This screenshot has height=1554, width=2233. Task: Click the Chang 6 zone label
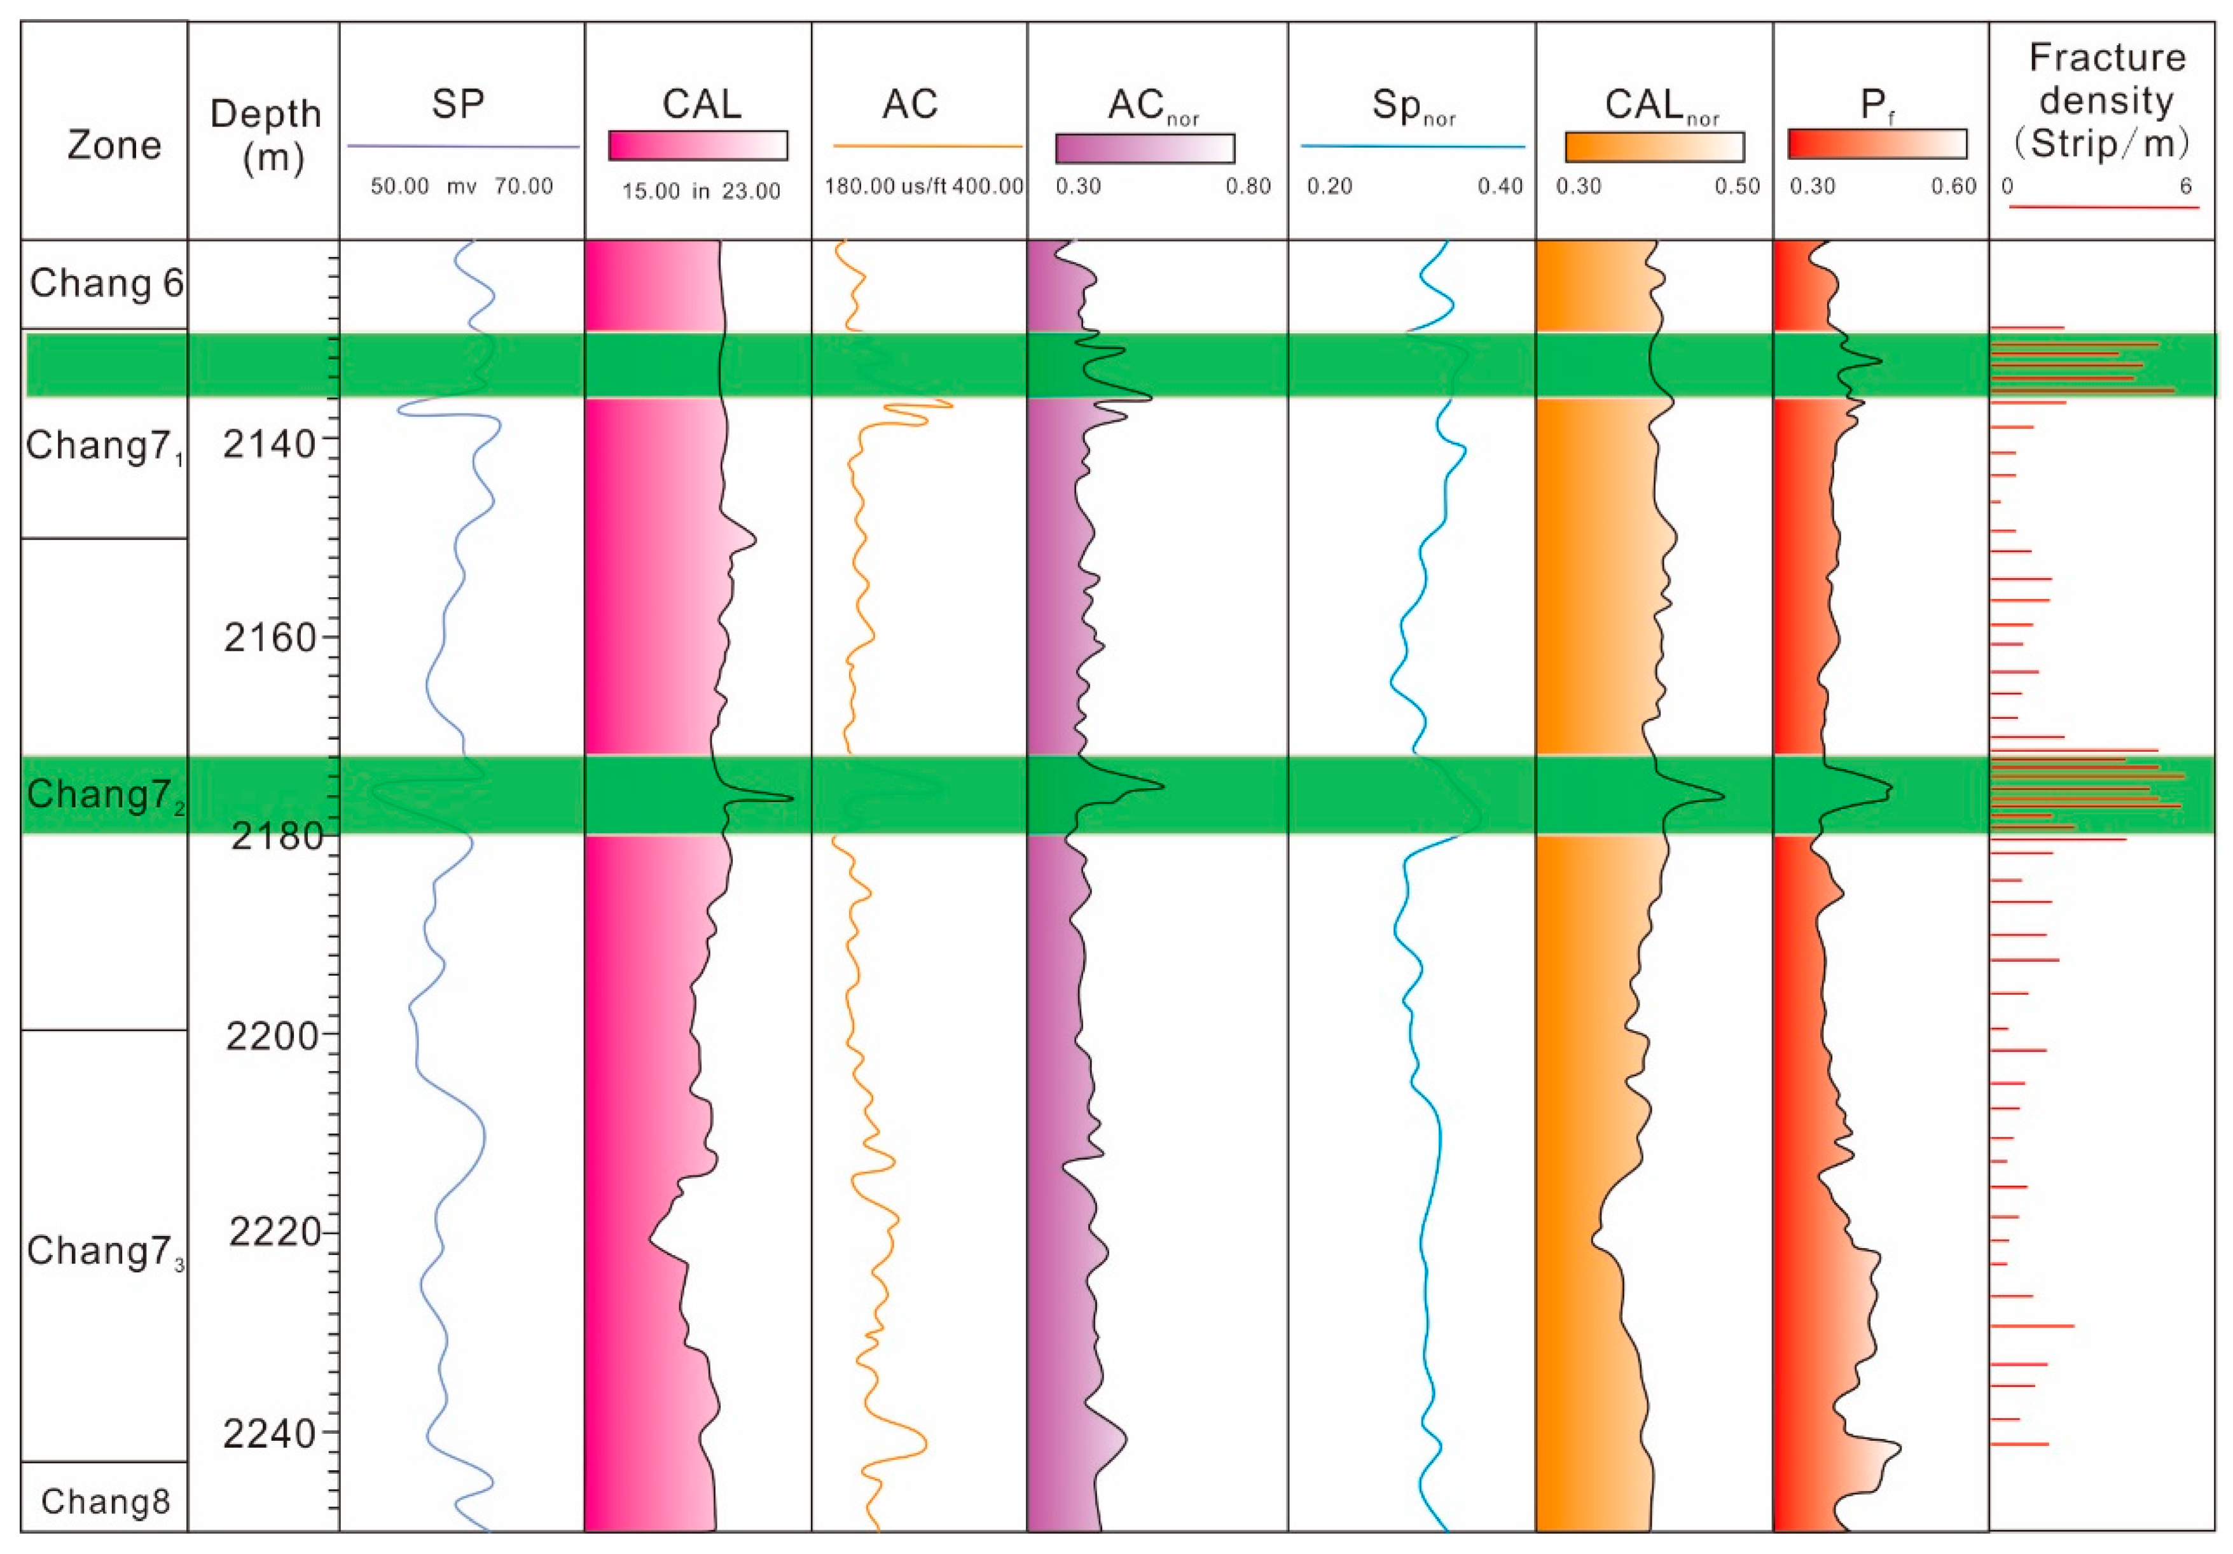[106, 283]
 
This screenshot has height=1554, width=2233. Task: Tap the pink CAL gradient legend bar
[697, 146]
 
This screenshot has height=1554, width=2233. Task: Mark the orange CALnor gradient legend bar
[1654, 147]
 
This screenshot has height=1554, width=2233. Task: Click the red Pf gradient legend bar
[1877, 144]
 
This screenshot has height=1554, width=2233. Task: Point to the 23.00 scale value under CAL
[751, 191]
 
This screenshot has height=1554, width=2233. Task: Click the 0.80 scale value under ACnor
[1248, 186]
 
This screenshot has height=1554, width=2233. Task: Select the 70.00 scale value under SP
[523, 186]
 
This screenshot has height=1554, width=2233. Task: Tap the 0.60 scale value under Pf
[1953, 186]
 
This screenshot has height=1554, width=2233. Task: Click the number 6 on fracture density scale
[2185, 186]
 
